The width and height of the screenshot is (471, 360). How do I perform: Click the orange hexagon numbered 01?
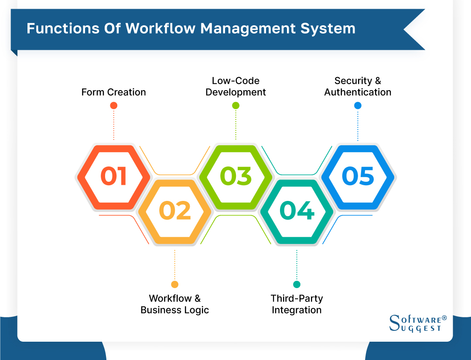pyautogui.click(x=113, y=177)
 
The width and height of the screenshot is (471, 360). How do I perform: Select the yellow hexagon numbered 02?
pyautogui.click(x=174, y=211)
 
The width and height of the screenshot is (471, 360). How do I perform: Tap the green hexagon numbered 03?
pyautogui.click(x=235, y=177)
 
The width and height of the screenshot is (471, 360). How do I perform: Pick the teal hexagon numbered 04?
pyautogui.click(x=297, y=211)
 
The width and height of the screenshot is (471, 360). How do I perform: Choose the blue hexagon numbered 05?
pyautogui.click(x=358, y=177)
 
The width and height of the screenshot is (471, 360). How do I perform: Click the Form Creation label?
pyautogui.click(x=113, y=92)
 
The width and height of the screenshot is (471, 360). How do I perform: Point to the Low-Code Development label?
pyautogui.click(x=235, y=86)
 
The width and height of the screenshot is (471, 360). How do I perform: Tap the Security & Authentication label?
pyautogui.click(x=358, y=86)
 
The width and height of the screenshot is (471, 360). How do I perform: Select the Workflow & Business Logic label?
pyautogui.click(x=174, y=304)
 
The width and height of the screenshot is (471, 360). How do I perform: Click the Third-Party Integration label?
pyautogui.click(x=297, y=304)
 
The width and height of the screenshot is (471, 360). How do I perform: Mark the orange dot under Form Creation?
pyautogui.click(x=113, y=105)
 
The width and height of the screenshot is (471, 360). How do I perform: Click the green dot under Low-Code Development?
pyautogui.click(x=235, y=105)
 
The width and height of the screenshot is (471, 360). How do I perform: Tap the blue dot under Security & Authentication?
pyautogui.click(x=358, y=105)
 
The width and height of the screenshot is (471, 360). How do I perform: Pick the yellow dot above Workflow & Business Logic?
pyautogui.click(x=174, y=285)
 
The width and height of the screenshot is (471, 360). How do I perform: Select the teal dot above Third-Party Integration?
pyautogui.click(x=297, y=285)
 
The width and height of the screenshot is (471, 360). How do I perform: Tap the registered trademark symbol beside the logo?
pyautogui.click(x=444, y=318)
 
